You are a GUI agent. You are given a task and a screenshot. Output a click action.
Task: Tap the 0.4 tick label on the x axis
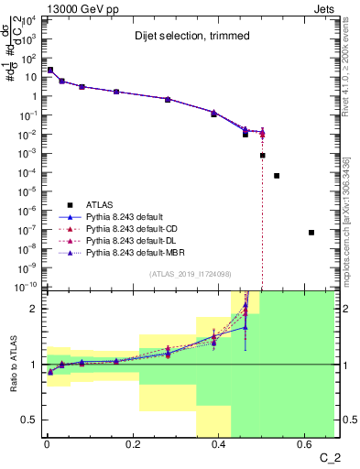(x=219, y=444)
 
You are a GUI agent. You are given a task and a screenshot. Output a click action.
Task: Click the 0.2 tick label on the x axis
(x=133, y=444)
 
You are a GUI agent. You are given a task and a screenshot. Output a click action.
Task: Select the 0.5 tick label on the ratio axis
(x=29, y=420)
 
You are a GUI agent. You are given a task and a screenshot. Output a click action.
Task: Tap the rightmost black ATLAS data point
(x=311, y=233)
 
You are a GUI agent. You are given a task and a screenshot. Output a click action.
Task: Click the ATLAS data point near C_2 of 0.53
(x=277, y=175)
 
